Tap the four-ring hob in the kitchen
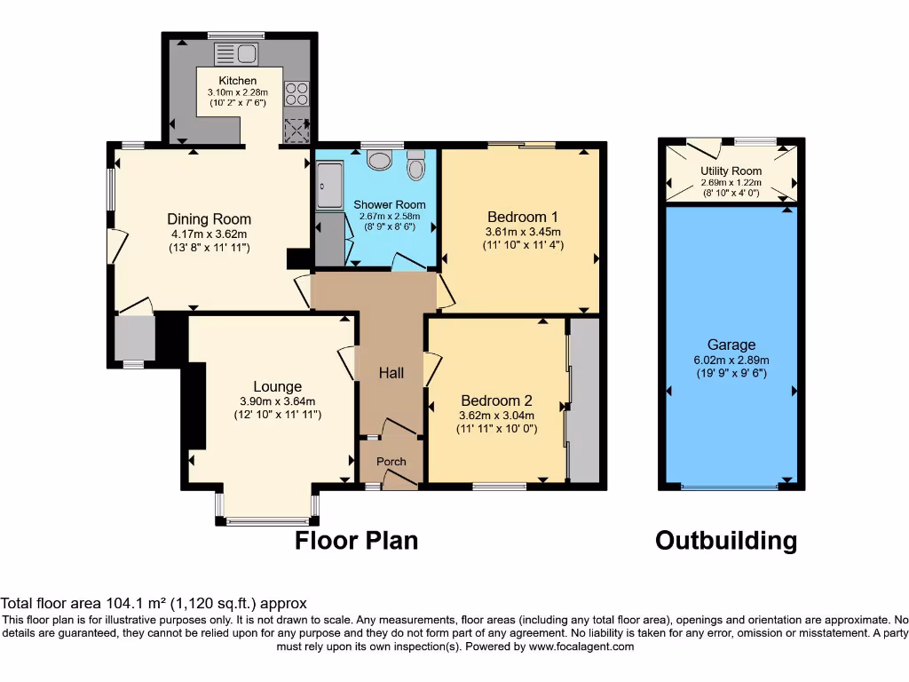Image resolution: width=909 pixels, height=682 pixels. pyautogui.click(x=296, y=93)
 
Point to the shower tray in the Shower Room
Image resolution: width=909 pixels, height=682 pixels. pyautogui.click(x=328, y=186)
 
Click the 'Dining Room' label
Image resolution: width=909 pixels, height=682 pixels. pyautogui.click(x=209, y=219)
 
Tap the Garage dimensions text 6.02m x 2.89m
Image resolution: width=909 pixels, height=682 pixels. pyautogui.click(x=731, y=360)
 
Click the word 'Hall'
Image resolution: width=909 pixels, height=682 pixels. pyautogui.click(x=391, y=373)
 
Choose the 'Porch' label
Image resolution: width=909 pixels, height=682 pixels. pyautogui.click(x=391, y=461)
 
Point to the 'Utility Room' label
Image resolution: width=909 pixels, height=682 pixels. pyautogui.click(x=731, y=170)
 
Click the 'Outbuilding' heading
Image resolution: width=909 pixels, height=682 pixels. pyautogui.click(x=725, y=541)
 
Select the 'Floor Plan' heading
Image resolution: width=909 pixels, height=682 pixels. pyautogui.click(x=356, y=540)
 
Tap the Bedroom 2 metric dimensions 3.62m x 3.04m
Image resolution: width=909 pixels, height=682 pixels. pyautogui.click(x=496, y=415)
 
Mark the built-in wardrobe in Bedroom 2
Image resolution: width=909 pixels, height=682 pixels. pyautogui.click(x=584, y=400)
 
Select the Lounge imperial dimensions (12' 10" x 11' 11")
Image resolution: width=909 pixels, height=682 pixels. pyautogui.click(x=277, y=414)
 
